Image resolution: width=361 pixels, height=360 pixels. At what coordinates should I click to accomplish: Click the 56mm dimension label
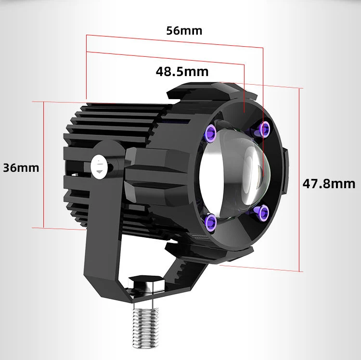[184, 31]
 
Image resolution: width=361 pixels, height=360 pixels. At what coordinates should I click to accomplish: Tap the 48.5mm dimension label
[182, 71]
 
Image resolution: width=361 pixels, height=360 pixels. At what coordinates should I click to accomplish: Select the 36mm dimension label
[21, 168]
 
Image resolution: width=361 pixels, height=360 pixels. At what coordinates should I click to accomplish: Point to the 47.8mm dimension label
[329, 184]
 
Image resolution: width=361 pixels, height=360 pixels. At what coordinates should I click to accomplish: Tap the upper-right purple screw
[265, 129]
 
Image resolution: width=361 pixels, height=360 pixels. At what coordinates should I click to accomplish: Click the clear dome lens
[235, 171]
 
